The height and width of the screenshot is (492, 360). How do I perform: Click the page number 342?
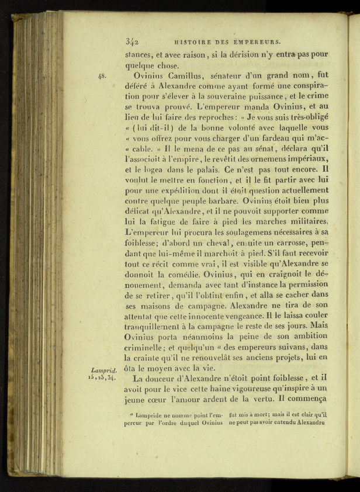click(131, 41)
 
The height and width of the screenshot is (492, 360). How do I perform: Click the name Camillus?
click(187, 75)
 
